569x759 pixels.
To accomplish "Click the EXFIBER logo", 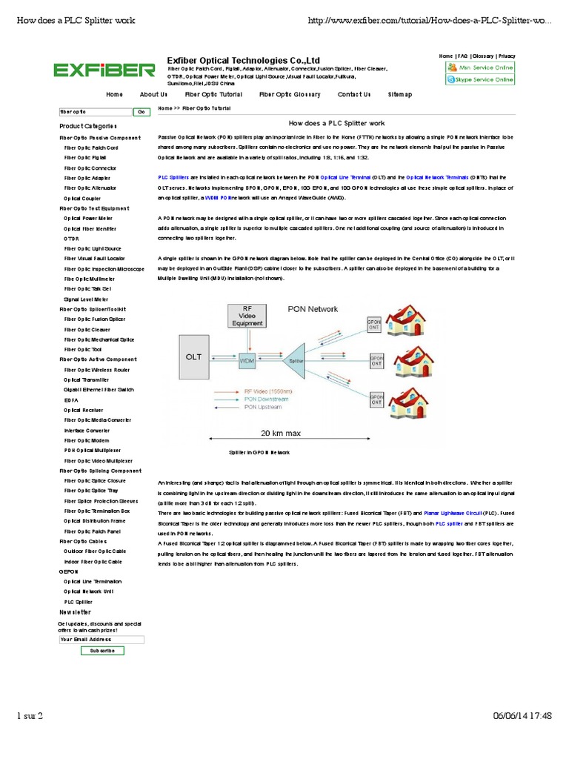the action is pos(104,70).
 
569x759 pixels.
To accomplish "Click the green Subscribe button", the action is pos(102,650).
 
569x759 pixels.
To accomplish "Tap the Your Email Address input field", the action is pos(102,639).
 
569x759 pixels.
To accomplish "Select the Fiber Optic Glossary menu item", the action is pos(290,95).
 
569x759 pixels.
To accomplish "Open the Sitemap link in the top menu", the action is pos(400,95).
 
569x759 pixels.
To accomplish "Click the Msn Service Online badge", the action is pos(480,67).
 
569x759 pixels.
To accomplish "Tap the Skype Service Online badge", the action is pos(480,79).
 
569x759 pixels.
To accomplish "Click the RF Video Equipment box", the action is pos(247,316).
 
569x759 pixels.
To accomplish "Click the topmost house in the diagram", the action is pos(407,319).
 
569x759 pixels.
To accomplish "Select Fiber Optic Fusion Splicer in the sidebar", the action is pos(95,319).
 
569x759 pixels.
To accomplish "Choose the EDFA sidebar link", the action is pos(71,400).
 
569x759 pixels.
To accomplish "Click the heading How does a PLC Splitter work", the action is pos(336,123).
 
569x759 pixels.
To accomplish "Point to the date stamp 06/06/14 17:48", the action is pos(522,715).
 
